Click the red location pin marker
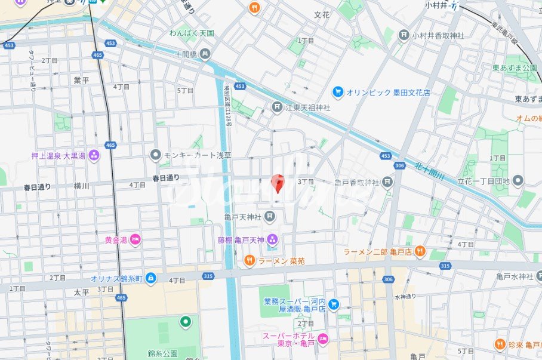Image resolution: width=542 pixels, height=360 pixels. tap(277, 183)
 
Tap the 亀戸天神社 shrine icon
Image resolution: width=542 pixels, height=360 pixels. tap(270, 216)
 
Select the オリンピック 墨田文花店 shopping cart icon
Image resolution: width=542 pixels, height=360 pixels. tap(338, 92)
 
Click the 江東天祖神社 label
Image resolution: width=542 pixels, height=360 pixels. tap(308, 107)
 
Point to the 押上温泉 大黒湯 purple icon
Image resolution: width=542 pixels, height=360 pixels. tap(94, 156)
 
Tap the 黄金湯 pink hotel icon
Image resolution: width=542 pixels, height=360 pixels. tap(135, 239)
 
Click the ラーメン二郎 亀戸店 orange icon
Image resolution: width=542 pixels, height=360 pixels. tap(420, 251)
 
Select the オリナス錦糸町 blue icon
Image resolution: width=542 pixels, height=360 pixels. tap(150, 278)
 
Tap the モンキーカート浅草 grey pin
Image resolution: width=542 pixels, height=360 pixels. tap(156, 155)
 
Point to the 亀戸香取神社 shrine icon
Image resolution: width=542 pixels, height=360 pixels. tap(388, 181)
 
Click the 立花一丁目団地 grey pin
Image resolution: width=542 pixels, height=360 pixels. tap(518, 180)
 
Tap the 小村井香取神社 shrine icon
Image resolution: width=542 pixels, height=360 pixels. tap(404, 35)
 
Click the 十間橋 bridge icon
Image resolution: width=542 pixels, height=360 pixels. tap(205, 54)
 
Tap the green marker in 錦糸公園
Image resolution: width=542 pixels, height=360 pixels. tap(185, 322)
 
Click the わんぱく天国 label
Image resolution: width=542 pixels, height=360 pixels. tap(191, 33)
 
